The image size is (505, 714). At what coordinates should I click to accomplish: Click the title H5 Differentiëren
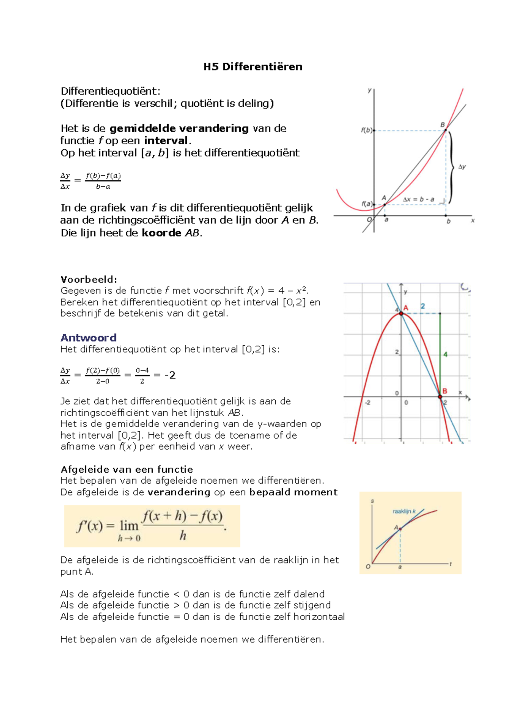[252, 67]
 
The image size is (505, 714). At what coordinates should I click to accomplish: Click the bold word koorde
[161, 233]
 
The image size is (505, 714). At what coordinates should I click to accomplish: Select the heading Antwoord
[88, 338]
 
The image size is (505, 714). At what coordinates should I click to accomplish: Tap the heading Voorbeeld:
[89, 280]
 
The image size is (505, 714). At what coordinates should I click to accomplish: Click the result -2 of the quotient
[170, 375]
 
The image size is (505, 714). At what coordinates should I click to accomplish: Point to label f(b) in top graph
[367, 130]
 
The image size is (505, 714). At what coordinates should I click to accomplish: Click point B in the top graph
[446, 130]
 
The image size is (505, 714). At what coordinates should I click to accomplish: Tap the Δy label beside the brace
[462, 167]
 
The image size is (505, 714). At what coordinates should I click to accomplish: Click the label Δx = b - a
[418, 199]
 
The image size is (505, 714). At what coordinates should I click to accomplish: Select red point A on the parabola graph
[401, 313]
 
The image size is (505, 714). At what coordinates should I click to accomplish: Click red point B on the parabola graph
[440, 397]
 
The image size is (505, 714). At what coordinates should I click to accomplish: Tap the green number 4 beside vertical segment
[445, 354]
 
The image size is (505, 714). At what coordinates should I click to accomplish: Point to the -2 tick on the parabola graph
[367, 403]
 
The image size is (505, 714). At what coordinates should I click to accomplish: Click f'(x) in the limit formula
[90, 526]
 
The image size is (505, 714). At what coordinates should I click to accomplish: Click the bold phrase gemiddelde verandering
[179, 129]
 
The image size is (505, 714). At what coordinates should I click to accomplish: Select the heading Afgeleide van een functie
[127, 469]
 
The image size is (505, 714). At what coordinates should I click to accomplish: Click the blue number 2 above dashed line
[423, 306]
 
